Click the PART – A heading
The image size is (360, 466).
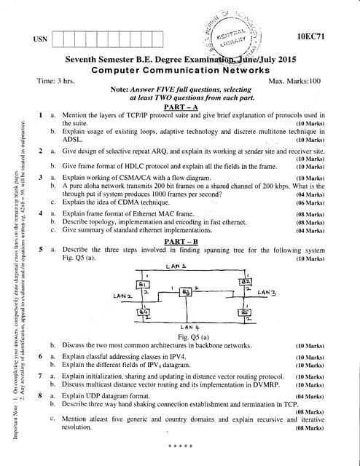(179, 108)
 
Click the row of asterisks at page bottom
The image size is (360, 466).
(179, 443)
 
